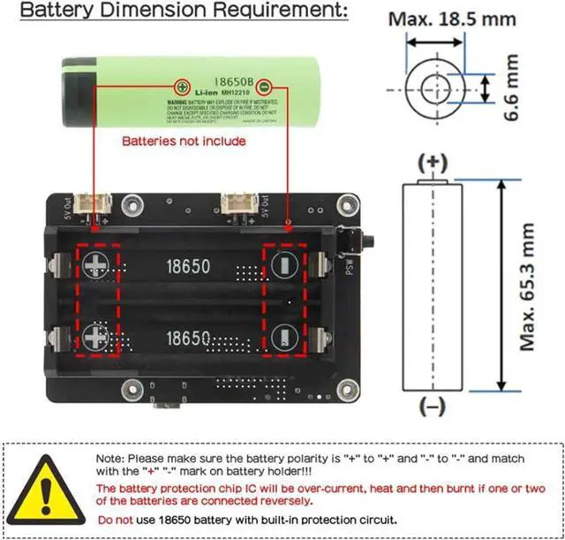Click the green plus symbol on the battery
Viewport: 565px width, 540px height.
pyautogui.click(x=182, y=87)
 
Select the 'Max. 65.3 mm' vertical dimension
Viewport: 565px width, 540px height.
pyautogui.click(x=528, y=285)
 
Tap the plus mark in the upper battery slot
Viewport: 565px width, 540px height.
pyautogui.click(x=94, y=264)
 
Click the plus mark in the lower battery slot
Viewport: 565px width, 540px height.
pyautogui.click(x=94, y=336)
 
